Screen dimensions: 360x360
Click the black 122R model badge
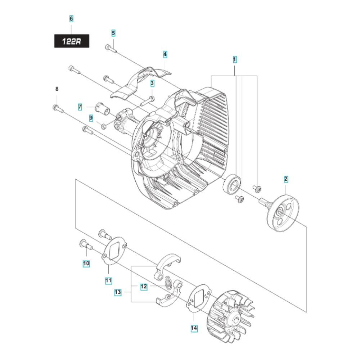72,41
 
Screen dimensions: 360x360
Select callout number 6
71,19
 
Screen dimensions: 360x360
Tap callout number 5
113,33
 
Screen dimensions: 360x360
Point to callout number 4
165,55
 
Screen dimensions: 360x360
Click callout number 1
234,59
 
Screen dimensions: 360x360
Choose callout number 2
286,179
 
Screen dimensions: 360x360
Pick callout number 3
152,83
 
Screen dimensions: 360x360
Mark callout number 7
80,107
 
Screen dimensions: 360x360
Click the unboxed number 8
57,89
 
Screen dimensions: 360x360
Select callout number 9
91,118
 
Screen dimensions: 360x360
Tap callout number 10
86,263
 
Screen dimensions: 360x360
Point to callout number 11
108,280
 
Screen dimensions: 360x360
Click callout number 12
144,287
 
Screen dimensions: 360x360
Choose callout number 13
118,292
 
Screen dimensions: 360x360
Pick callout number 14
194,328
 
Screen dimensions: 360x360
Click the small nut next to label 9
104,125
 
